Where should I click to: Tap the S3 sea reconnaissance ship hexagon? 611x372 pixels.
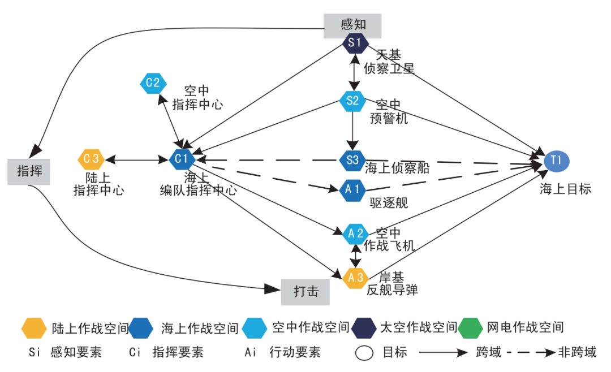(352, 159)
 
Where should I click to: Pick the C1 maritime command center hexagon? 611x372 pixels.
(182, 159)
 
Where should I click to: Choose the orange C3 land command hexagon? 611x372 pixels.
(91, 159)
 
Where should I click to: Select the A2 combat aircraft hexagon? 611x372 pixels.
(356, 233)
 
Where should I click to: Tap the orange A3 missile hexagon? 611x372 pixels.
(356, 278)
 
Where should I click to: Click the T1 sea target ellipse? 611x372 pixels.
(557, 161)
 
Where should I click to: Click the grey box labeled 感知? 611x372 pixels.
(353, 25)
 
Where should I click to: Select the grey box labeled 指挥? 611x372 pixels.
(29, 171)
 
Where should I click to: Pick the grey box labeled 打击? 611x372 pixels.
(305, 291)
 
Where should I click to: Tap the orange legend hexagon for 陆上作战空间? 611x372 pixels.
(33, 327)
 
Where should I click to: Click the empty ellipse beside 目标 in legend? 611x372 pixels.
(365, 353)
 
